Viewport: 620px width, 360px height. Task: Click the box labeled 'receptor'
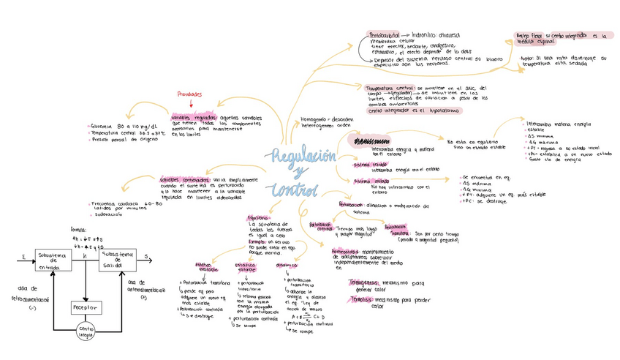tap(86, 307)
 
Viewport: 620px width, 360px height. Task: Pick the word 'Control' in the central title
tap(294, 191)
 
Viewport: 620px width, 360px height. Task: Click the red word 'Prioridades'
tap(189, 94)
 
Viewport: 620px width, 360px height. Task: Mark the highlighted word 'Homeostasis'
tap(344, 252)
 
